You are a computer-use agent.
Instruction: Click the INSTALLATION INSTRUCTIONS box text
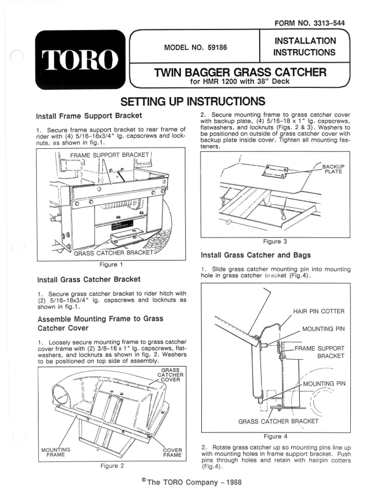coord(306,47)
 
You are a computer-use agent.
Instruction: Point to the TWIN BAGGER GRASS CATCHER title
coord(239,73)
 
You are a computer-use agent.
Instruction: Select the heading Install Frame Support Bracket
coord(89,115)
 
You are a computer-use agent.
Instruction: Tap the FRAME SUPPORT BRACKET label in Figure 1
coord(110,154)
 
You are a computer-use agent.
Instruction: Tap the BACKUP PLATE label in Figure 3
coord(334,169)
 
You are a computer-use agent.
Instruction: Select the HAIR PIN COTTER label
coord(319,311)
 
